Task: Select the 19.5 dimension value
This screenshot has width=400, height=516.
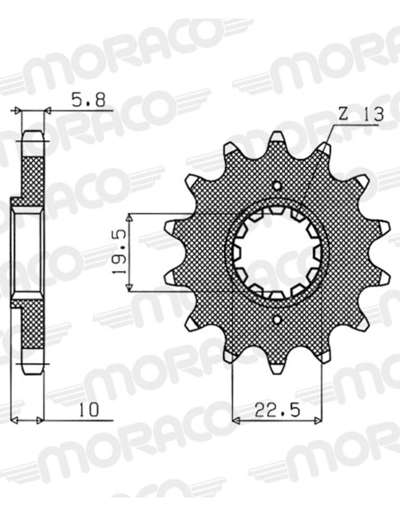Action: [119, 253]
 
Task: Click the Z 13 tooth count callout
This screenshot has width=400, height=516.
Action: [361, 115]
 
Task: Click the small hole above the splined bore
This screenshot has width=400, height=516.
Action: [277, 186]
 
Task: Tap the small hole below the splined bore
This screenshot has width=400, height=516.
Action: [277, 319]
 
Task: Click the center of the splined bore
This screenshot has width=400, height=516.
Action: [277, 253]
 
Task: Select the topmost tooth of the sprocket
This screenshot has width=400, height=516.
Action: [277, 140]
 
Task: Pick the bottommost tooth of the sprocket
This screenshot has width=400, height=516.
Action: [277, 365]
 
